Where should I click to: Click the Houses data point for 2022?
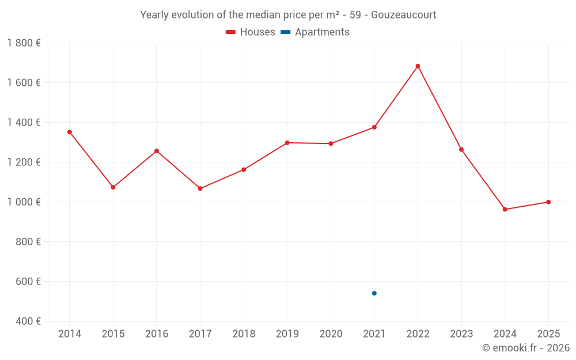pyautogui.click(x=418, y=66)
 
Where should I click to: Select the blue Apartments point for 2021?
pyautogui.click(x=374, y=293)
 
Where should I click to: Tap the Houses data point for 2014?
pyautogui.click(x=70, y=132)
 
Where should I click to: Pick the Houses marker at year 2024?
pyautogui.click(x=505, y=209)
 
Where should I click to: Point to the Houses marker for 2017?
pyautogui.click(x=200, y=188)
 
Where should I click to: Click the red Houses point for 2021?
pyautogui.click(x=374, y=127)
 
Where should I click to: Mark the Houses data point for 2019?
pyautogui.click(x=287, y=143)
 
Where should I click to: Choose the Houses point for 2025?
pyautogui.click(x=548, y=202)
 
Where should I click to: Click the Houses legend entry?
pyautogui.click(x=251, y=32)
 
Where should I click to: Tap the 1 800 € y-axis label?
pyautogui.click(x=24, y=43)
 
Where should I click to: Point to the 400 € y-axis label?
pyautogui.click(x=29, y=321)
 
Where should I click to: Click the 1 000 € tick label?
pyautogui.click(x=24, y=202)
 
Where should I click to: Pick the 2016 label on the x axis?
pyautogui.click(x=157, y=334)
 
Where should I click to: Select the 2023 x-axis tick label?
pyautogui.click(x=461, y=334)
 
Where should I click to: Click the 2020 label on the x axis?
pyautogui.click(x=331, y=334)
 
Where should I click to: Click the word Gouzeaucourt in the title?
pyautogui.click(x=403, y=14)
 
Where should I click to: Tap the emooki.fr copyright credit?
pyautogui.click(x=526, y=348)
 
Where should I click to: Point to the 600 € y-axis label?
pyautogui.click(x=29, y=282)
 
